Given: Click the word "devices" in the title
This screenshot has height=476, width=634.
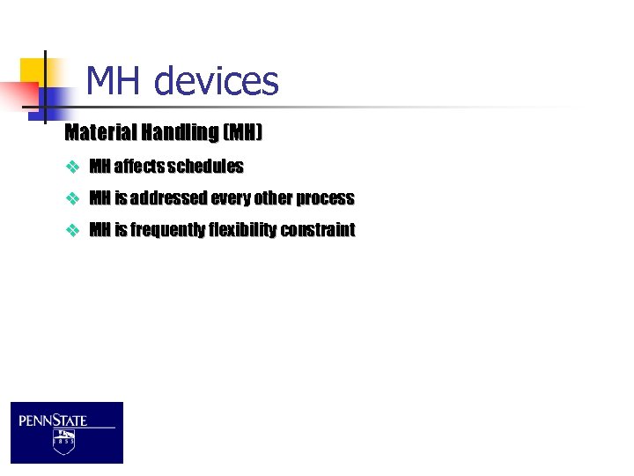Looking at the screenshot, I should coord(216,82).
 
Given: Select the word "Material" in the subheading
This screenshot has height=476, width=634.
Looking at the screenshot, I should coord(97,133).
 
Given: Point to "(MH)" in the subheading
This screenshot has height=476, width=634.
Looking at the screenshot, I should coord(243,133).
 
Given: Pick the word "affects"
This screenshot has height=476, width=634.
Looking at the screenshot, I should coord(138,167).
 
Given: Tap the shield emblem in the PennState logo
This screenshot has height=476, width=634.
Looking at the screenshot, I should coord(63,441).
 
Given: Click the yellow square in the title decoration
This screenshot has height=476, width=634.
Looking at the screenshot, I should coord(38,71).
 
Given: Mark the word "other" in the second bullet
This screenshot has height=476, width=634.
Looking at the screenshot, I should coord(273,198).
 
